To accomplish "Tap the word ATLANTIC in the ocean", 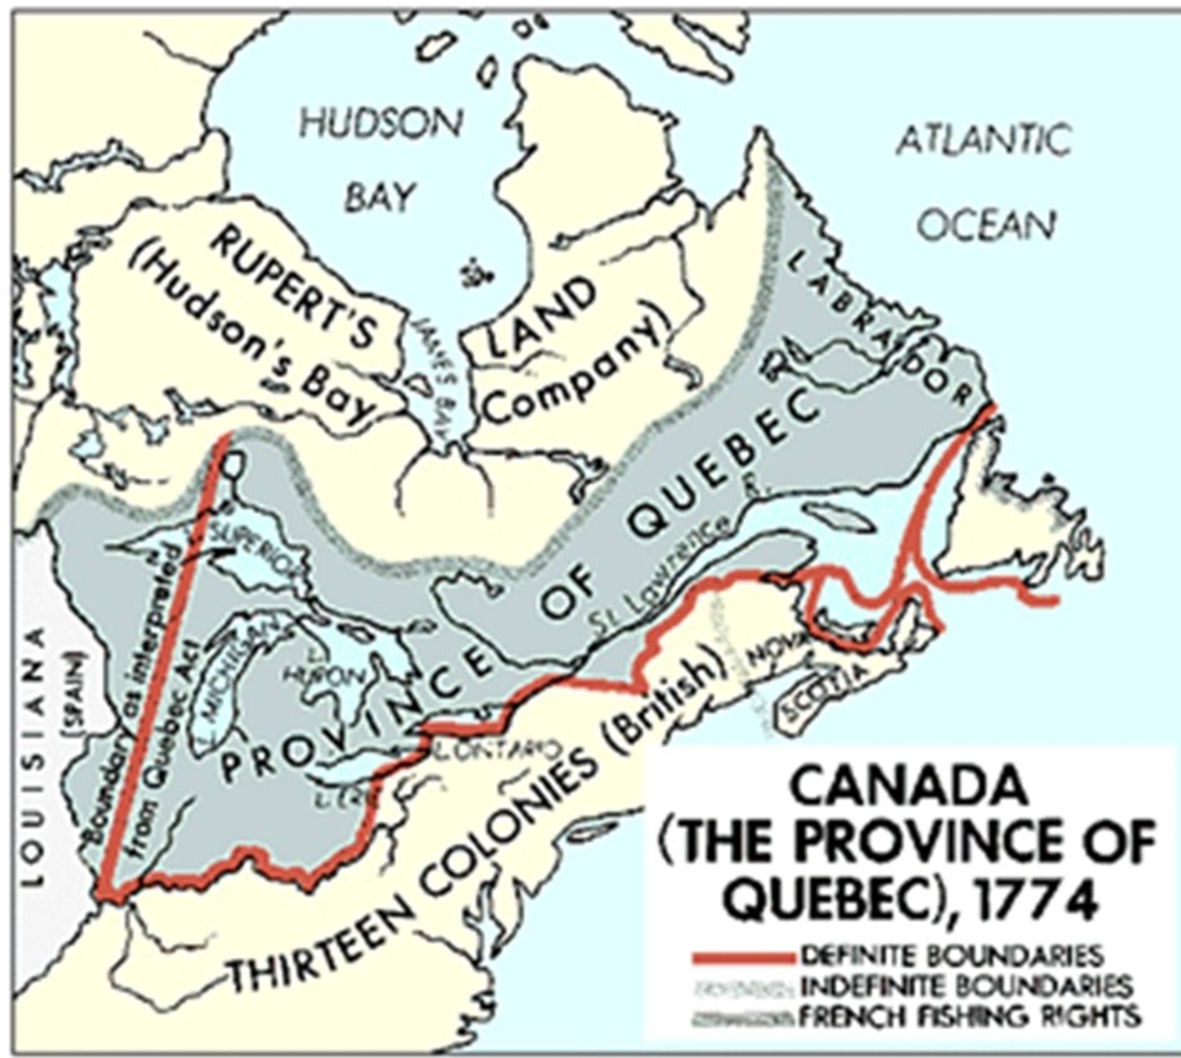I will pos(983,139).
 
